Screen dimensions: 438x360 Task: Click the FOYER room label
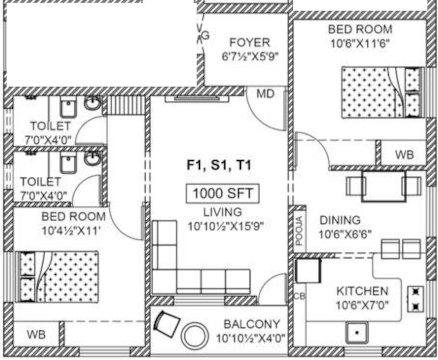249,43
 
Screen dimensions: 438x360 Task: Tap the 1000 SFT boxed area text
223,193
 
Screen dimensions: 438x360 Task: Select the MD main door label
265,94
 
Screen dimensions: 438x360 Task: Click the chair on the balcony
166,324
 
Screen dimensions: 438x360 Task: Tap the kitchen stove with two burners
415,299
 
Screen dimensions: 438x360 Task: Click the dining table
384,186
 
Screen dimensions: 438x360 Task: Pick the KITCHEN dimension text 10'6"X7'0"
362,305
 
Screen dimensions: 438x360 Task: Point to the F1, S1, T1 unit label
219,165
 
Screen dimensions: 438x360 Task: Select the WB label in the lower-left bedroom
36,334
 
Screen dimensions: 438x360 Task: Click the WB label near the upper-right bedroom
404,154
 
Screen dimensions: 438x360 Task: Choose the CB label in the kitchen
299,296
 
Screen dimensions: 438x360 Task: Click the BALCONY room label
252,324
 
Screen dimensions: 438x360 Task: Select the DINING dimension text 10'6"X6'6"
345,235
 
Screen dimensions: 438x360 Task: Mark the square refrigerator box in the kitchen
308,271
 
